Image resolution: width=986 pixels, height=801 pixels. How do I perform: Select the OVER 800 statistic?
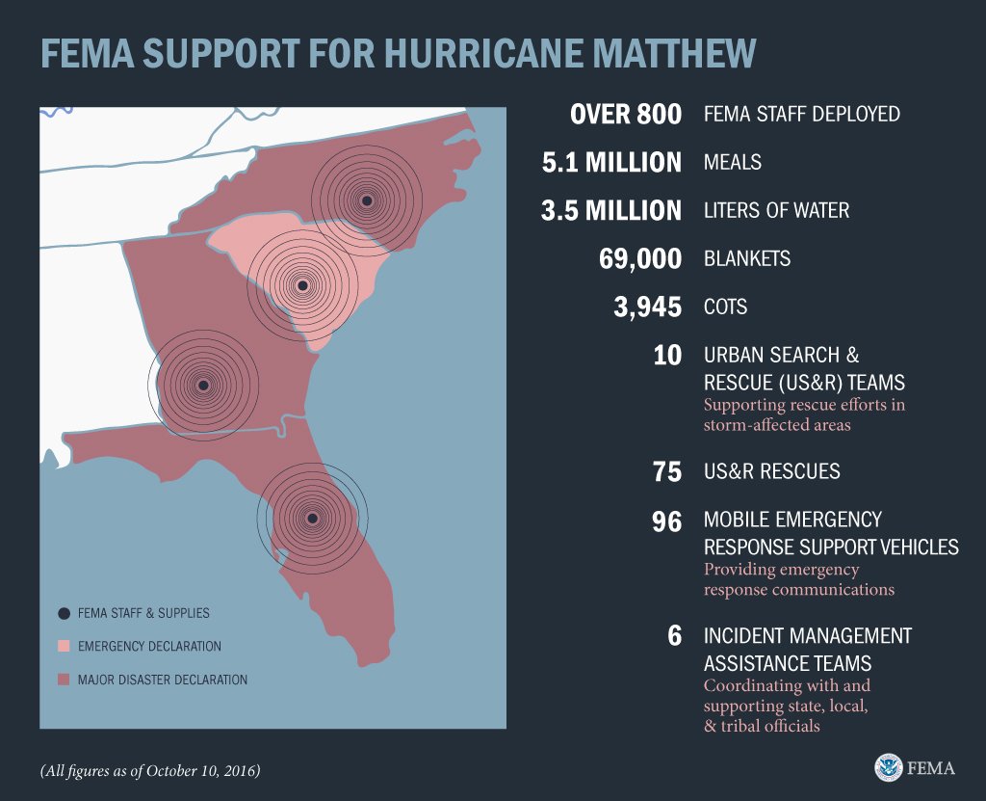pyautogui.click(x=626, y=114)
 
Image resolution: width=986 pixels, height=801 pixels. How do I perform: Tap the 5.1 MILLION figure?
pyautogui.click(x=611, y=162)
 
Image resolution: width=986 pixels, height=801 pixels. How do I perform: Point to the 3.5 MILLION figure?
pyautogui.click(x=611, y=210)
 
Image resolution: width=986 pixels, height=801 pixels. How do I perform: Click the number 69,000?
pyautogui.click(x=639, y=258)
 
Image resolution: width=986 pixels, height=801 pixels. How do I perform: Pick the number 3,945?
pyautogui.click(x=648, y=307)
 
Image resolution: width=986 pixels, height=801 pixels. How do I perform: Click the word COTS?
pyautogui.click(x=725, y=307)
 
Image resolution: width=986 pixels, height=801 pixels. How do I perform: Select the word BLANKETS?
pyautogui.click(x=747, y=258)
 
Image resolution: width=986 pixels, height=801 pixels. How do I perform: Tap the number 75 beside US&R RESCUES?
pyautogui.click(x=666, y=471)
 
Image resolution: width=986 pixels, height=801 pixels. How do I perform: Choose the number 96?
pyautogui.click(x=666, y=521)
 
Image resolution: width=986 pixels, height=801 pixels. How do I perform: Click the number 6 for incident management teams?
pyautogui.click(x=674, y=636)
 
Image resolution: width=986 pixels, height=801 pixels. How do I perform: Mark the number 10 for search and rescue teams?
pyautogui.click(x=667, y=356)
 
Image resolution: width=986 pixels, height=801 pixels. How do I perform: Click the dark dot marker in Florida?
pyautogui.click(x=312, y=519)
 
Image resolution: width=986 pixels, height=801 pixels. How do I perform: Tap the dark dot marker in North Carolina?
pyautogui.click(x=367, y=200)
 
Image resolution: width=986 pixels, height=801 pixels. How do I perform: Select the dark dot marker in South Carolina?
pyautogui.click(x=302, y=285)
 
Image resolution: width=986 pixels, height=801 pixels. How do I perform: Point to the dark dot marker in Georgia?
pyautogui.click(x=202, y=386)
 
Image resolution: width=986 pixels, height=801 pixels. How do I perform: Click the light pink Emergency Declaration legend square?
pyautogui.click(x=64, y=646)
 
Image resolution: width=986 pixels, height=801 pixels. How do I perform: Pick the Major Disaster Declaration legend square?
pyautogui.click(x=64, y=680)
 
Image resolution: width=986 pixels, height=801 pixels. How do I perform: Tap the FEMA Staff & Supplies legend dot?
pyautogui.click(x=64, y=613)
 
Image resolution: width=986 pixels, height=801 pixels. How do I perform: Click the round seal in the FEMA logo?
pyautogui.click(x=889, y=767)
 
